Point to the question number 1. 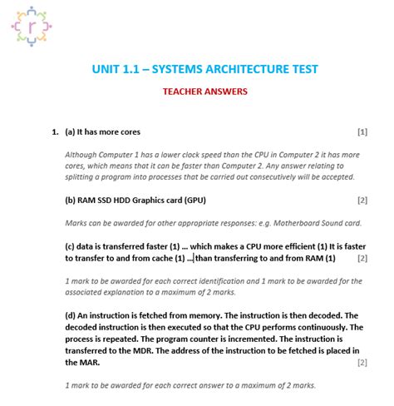coord(55,132)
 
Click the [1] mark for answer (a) coord(362,132)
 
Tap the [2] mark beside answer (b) coord(362,201)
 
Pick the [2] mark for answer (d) coord(362,363)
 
